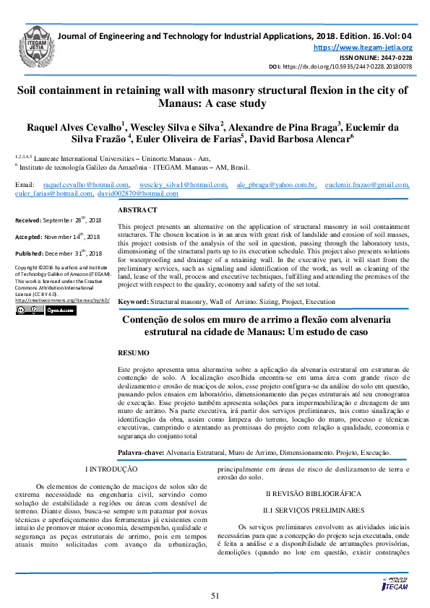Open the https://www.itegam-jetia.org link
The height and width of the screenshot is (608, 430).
coord(362,47)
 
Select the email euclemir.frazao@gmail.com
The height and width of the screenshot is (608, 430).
coord(367,186)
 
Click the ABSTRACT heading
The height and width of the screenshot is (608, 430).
coord(137,209)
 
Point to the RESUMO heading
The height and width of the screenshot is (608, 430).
coord(134,353)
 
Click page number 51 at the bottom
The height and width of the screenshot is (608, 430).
coord(215,595)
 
